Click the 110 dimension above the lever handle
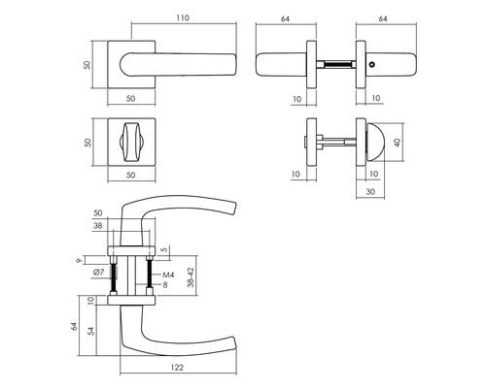pyautogui.click(x=183, y=18)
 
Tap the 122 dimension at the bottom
pyautogui.click(x=177, y=368)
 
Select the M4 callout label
pyautogui.click(x=168, y=275)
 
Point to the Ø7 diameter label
pyautogui.click(x=98, y=273)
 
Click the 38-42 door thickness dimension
pyautogui.click(x=191, y=277)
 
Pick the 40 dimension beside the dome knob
pyautogui.click(x=398, y=143)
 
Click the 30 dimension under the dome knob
pyautogui.click(x=370, y=192)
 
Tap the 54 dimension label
pyautogui.click(x=91, y=331)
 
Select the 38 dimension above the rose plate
pyautogui.click(x=98, y=226)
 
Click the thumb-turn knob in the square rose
pyautogui.click(x=131, y=143)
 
